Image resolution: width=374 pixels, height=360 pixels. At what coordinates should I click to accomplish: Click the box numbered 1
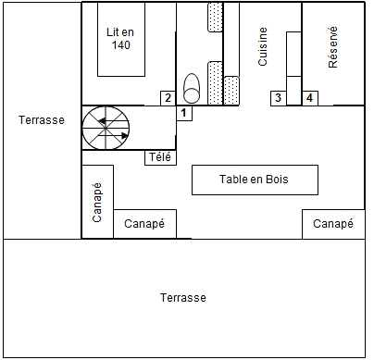pos(184,113)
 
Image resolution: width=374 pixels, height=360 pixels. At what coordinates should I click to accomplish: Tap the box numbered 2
pos(168,98)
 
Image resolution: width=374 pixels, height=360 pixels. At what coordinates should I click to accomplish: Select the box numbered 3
pos(279,98)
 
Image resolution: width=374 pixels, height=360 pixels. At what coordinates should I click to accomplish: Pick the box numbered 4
pos(310,98)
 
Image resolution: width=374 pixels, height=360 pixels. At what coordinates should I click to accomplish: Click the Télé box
pos(160,157)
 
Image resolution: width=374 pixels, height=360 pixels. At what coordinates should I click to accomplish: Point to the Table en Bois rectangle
pos(255,180)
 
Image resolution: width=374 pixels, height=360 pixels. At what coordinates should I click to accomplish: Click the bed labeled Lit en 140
pos(121,39)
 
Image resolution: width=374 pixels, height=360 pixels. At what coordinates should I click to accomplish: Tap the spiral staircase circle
pos(106,128)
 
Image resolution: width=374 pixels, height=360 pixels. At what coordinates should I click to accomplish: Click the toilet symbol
pos(192,88)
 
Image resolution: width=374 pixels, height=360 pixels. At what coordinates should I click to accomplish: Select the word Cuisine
pos(263,46)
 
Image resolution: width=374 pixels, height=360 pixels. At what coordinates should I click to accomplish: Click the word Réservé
pos(333,47)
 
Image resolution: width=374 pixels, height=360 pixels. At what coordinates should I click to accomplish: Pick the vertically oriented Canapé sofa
pos(97,202)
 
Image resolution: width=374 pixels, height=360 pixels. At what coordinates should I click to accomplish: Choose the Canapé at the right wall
pos(333,224)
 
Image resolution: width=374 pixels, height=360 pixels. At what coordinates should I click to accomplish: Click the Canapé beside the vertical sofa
pos(144,224)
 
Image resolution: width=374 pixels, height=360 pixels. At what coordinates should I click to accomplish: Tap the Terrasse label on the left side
pos(42,120)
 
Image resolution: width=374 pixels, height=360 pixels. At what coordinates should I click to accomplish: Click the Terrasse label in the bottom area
pos(183,298)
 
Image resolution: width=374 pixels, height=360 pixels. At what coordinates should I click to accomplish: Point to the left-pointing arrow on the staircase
pos(114,120)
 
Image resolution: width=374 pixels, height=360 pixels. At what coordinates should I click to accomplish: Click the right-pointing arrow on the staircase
pos(113,135)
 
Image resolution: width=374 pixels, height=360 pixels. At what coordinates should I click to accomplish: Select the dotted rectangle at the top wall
pos(216,17)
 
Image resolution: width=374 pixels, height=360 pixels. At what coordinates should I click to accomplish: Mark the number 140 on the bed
pos(121,45)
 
